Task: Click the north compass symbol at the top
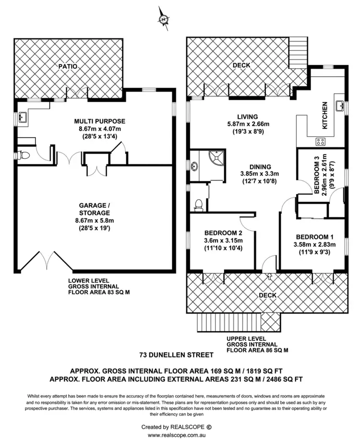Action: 164,19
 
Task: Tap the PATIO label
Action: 68,67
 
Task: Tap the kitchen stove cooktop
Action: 320,142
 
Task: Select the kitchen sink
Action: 339,106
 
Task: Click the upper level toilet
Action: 198,205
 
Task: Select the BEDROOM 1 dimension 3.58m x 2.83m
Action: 315,244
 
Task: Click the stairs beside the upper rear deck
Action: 298,53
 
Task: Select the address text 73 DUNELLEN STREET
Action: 180,355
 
